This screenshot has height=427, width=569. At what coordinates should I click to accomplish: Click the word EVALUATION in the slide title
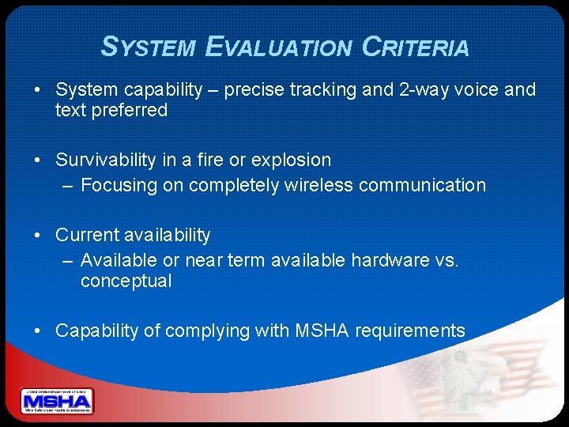coord(277,47)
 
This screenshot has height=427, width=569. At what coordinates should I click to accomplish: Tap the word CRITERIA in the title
coord(415,47)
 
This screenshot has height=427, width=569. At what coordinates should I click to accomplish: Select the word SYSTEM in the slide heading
coord(149,47)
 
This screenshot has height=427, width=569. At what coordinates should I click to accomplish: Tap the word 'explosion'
coord(292,160)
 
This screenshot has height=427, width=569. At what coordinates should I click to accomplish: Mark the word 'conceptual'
coord(126,282)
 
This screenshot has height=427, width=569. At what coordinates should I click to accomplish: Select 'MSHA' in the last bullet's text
coord(322,331)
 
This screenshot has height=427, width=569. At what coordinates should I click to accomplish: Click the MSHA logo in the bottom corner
coord(57,402)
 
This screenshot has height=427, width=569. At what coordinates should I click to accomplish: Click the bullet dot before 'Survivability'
coord(38,161)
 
